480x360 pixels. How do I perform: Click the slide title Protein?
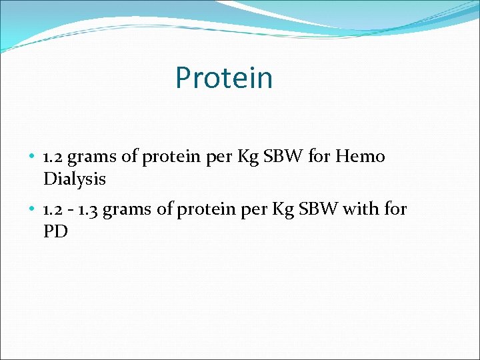[224, 78]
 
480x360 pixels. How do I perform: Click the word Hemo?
[360, 157]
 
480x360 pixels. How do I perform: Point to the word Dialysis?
[75, 179]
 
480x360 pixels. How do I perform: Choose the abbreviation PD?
[55, 232]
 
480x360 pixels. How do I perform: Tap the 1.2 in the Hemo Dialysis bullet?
[53, 157]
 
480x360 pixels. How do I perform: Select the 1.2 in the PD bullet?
[53, 210]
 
